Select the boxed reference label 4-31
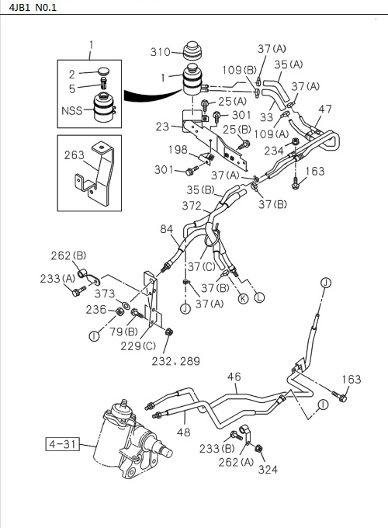(x=60, y=445)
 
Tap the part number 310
(x=161, y=52)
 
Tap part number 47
(x=325, y=109)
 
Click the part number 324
(x=268, y=469)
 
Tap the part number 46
(x=234, y=377)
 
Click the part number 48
(x=185, y=432)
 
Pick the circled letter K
(x=243, y=298)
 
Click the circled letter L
(x=259, y=298)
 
